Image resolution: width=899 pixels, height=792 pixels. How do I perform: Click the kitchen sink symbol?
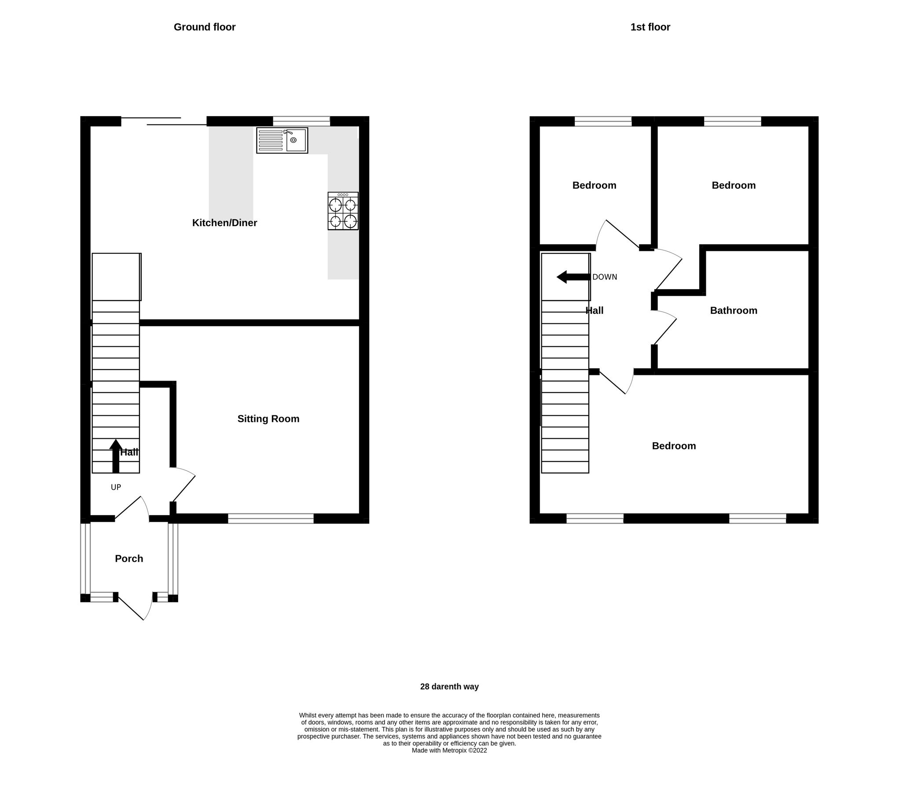[282, 140]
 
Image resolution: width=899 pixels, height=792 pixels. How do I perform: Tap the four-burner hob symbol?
[343, 211]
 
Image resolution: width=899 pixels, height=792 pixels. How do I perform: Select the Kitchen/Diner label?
[224, 223]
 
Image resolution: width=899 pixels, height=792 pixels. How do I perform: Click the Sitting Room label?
[268, 419]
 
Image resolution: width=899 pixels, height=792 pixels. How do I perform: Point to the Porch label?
[129, 558]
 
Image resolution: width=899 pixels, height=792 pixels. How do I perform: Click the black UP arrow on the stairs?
[116, 456]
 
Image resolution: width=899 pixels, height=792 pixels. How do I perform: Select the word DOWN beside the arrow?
[605, 277]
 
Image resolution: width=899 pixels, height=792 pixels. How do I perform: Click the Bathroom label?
[734, 311]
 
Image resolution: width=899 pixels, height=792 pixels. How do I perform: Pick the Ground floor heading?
[205, 27]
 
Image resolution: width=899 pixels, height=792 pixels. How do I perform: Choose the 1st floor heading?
[650, 27]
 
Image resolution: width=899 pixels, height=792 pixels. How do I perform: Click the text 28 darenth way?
[449, 686]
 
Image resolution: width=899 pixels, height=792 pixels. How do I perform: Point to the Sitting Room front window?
[271, 519]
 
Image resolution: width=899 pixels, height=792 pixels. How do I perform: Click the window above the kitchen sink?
[301, 121]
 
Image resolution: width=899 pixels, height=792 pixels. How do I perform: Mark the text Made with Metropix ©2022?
[449, 751]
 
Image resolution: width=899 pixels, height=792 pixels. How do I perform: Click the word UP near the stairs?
[116, 488]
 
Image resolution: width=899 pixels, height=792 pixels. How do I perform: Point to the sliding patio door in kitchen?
[164, 121]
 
